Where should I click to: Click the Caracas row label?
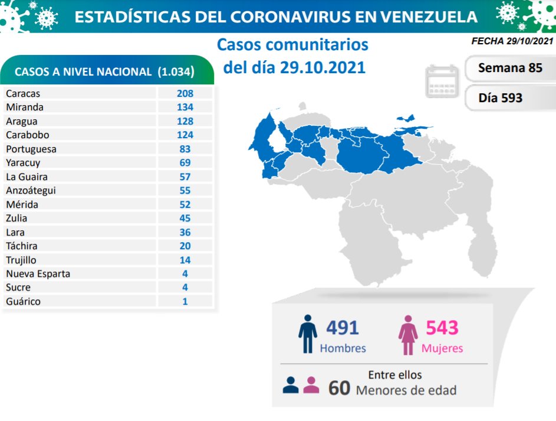pos(23,93)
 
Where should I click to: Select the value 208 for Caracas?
pos(185,93)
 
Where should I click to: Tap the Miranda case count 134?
pos(185,107)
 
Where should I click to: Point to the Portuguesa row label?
pos(31,149)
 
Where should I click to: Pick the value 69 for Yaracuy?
pos(185,162)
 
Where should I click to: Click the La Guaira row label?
pos(27,177)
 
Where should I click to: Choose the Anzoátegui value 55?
pos(185,190)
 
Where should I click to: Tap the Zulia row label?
pos(17,218)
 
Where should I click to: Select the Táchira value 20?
pos(185,246)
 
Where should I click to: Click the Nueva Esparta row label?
pos(38,273)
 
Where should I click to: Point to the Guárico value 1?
pos(185,301)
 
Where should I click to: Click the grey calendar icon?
pos(442,81)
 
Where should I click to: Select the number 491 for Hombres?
pos(342,328)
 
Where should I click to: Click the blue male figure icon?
pos(307,334)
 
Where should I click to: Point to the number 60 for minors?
pos(339,388)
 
